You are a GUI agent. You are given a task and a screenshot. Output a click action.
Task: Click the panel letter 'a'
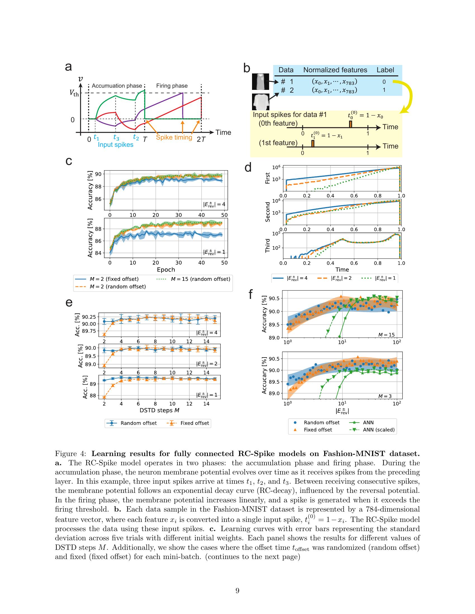pyautogui.click(x=68, y=67)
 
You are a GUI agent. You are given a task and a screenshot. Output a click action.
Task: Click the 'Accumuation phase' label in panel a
pyautogui.click(x=117, y=86)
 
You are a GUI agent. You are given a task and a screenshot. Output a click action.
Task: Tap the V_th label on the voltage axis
pyautogui.click(x=74, y=93)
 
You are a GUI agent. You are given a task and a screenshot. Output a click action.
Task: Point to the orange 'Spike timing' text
pyautogui.click(x=174, y=138)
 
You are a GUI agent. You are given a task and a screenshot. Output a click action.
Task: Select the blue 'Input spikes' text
pyautogui.click(x=115, y=145)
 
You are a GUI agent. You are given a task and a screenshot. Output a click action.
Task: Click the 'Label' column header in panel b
pyautogui.click(x=385, y=70)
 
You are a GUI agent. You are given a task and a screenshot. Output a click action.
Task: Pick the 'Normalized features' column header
pyautogui.click(x=335, y=70)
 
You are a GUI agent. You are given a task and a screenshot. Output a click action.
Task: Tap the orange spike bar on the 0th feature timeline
pyautogui.click(x=350, y=124)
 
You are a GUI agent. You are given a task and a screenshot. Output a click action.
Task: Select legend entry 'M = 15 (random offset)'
pyautogui.click(x=200, y=279)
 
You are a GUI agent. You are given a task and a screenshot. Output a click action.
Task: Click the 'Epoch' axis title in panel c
pyautogui.click(x=166, y=270)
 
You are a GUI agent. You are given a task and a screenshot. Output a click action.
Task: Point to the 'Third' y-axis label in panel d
pyautogui.click(x=268, y=245)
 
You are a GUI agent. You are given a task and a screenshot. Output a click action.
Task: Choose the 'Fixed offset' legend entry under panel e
pyautogui.click(x=194, y=423)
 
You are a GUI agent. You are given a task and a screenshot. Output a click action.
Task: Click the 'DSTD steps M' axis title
pyautogui.click(x=159, y=410)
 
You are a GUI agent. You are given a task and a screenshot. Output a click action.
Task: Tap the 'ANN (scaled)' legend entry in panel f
pyautogui.click(x=379, y=430)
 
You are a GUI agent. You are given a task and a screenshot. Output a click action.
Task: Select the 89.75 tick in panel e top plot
pyautogui.click(x=89, y=331)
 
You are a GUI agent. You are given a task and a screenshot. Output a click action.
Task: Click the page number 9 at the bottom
pyautogui.click(x=237, y=591)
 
